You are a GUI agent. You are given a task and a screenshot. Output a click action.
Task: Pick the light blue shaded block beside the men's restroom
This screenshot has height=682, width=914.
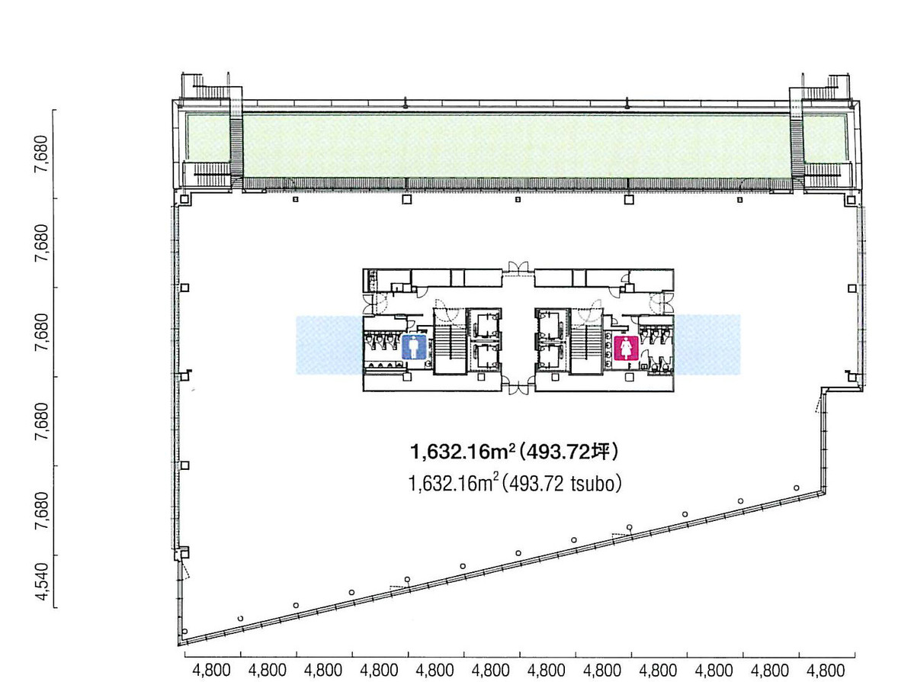329,345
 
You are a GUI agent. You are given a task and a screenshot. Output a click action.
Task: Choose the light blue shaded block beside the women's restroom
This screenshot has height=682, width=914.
707,345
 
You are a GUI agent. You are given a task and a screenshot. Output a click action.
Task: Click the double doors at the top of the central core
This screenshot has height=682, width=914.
518,268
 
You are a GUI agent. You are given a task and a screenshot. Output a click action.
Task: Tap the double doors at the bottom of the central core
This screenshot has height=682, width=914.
518,386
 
